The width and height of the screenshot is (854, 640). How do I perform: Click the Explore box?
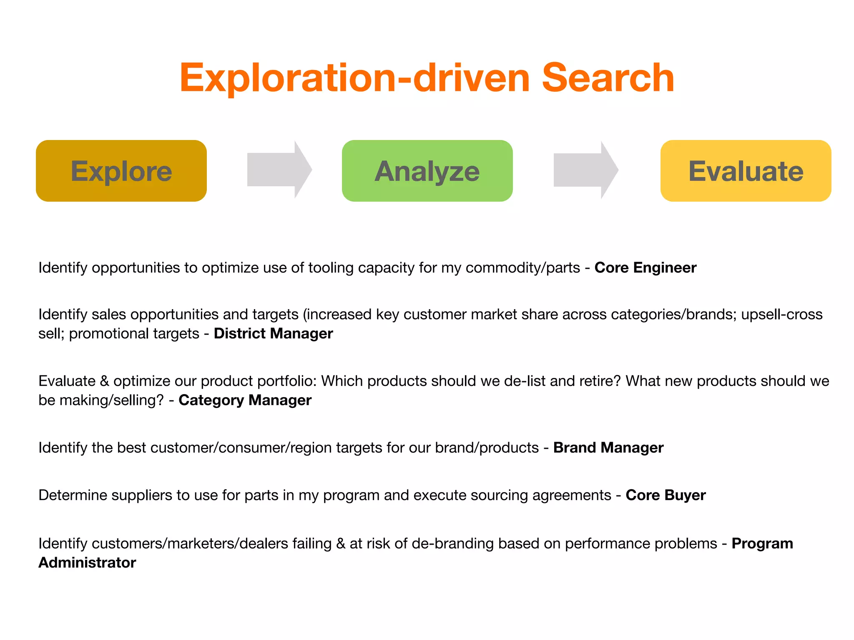(x=121, y=171)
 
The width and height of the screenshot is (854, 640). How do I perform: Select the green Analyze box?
(x=427, y=171)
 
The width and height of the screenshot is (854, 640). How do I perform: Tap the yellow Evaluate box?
(x=746, y=171)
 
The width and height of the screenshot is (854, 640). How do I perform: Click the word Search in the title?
(x=608, y=78)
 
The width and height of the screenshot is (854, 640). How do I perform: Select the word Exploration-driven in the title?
(x=354, y=78)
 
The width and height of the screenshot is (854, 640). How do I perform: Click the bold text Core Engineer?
(x=645, y=267)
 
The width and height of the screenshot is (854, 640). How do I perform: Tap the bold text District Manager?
(x=273, y=333)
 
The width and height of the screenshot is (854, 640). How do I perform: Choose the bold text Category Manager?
(x=245, y=400)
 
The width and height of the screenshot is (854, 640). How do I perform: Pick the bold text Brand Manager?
(x=608, y=447)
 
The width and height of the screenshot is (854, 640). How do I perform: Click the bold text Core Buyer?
(x=666, y=495)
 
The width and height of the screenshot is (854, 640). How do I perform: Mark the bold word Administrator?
(x=87, y=562)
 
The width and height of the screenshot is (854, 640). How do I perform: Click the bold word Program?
(x=762, y=543)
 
